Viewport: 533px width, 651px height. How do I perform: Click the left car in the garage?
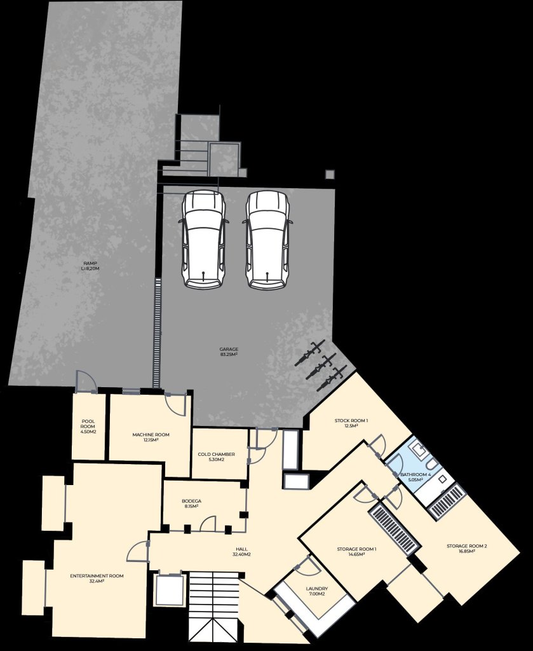[204, 240]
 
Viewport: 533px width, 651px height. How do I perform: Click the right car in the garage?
[267, 240]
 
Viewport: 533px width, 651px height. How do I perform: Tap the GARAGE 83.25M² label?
[229, 352]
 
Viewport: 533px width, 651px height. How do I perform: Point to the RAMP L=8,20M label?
[90, 266]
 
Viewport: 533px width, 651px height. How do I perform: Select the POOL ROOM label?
[88, 427]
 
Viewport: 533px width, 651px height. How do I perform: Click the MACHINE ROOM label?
[151, 437]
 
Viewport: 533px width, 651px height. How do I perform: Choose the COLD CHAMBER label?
[216, 456]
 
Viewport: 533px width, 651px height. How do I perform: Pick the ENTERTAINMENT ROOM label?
[97, 579]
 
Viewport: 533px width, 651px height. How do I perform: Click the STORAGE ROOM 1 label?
[356, 551]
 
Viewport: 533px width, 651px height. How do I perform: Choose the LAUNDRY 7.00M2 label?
[316, 591]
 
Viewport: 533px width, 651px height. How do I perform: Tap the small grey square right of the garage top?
[330, 174]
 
